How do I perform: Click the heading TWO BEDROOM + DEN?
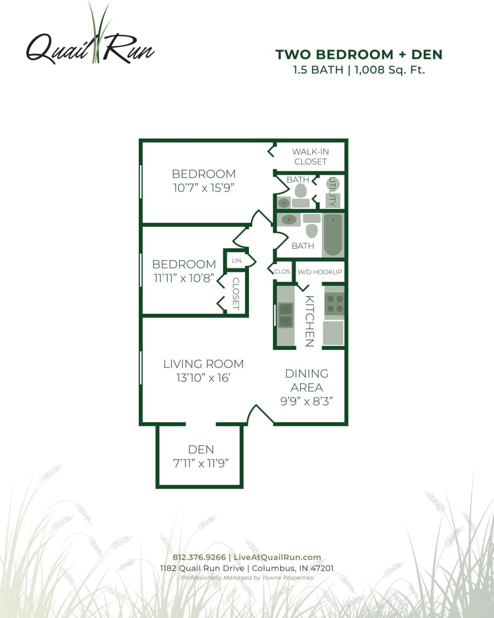359,54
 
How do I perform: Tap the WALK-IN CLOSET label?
310,156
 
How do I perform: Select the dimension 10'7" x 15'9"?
203,188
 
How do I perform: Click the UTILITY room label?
332,192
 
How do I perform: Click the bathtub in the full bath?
332,235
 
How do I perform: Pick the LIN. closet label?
237,260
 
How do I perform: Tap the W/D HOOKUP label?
319,272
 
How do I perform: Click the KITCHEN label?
309,321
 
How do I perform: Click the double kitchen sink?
285,316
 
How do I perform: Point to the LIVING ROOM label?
203,364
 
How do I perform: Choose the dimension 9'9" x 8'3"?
307,401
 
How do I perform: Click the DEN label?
201,449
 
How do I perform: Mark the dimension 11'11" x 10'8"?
184,278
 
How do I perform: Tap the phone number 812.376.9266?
199,557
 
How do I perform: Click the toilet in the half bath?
301,190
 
